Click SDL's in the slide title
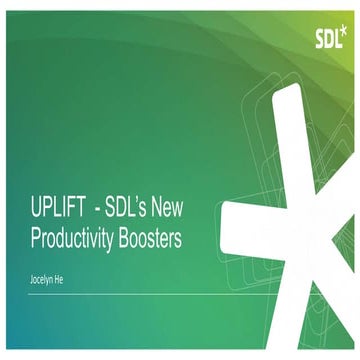[142, 208]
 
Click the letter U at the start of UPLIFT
[37, 208]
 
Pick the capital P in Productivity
[37, 238]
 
